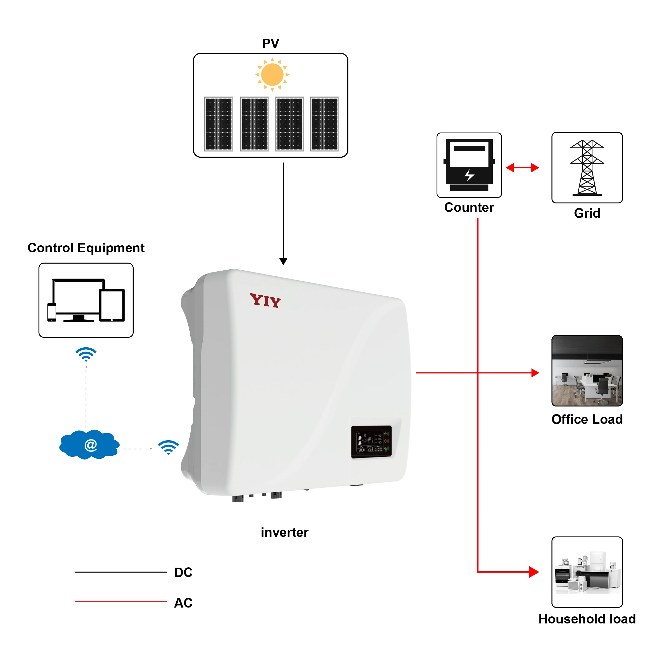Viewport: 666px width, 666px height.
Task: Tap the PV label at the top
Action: click(271, 43)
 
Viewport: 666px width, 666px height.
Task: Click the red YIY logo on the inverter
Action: click(265, 300)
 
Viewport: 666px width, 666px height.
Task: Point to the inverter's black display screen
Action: click(371, 442)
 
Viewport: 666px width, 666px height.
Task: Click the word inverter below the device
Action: click(284, 533)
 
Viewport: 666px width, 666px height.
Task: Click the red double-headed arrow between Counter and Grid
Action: click(522, 168)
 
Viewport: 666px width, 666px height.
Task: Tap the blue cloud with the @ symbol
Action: click(90, 445)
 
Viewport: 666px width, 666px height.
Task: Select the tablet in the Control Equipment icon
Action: click(112, 305)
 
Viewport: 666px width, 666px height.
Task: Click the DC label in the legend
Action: click(183, 573)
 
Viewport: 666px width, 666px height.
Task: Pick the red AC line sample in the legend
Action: click(121, 602)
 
